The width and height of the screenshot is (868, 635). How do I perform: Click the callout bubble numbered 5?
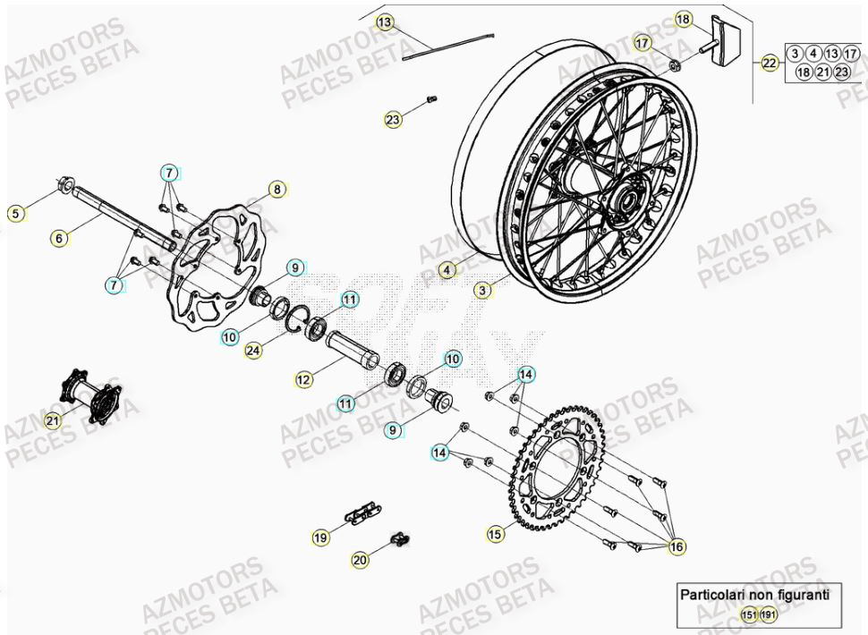[x=15, y=213]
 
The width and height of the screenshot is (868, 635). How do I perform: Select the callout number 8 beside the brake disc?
[x=277, y=189]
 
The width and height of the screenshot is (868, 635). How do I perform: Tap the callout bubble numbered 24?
[x=253, y=351]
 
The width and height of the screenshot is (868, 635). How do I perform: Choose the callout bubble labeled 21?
[x=52, y=421]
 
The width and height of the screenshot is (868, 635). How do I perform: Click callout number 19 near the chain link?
[x=320, y=538]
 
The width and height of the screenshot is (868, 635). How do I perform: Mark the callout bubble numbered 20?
[x=360, y=560]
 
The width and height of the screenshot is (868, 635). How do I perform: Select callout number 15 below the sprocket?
[x=495, y=534]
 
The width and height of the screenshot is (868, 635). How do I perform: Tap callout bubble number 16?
[x=677, y=546]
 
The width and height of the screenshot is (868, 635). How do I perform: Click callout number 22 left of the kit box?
[x=770, y=63]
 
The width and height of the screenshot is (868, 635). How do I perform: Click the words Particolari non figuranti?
[x=754, y=594]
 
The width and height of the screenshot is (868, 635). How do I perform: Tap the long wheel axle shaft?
[x=116, y=216]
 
